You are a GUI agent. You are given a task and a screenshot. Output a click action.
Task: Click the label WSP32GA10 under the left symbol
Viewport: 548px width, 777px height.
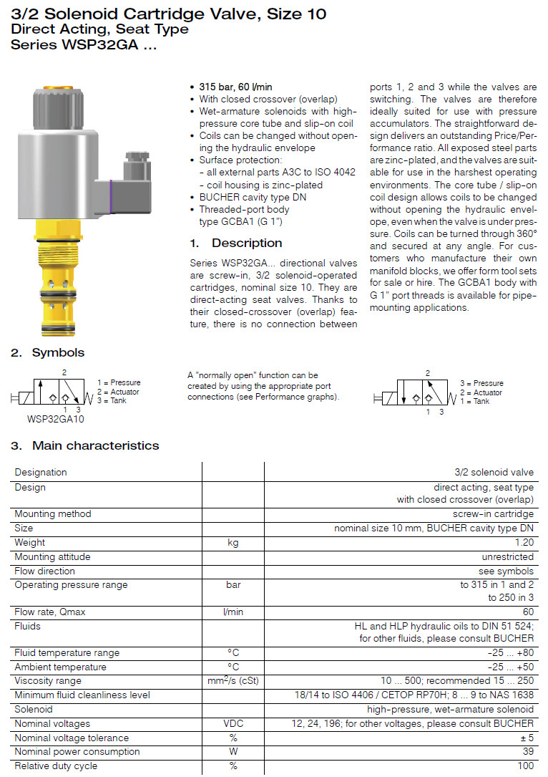pos(55,419)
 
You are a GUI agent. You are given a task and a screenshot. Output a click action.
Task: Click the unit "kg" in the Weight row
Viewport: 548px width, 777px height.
pos(233,542)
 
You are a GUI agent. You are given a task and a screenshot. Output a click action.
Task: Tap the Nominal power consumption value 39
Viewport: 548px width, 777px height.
pos(528,751)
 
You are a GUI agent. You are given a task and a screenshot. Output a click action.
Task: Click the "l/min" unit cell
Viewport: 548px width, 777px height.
pos(233,612)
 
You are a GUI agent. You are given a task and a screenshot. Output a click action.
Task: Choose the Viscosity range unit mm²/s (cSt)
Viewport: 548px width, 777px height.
pos(233,680)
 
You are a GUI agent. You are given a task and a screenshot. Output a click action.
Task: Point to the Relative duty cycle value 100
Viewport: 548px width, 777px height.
pos(525,766)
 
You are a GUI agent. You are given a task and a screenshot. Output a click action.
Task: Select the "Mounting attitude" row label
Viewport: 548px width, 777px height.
pos(53,556)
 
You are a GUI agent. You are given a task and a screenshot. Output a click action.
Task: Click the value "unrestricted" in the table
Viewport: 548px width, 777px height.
pos(507,556)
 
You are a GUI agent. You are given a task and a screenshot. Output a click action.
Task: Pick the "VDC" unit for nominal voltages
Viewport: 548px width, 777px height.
pos(233,723)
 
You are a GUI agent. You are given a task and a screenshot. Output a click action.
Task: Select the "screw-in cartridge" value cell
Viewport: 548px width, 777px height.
pos(493,513)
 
